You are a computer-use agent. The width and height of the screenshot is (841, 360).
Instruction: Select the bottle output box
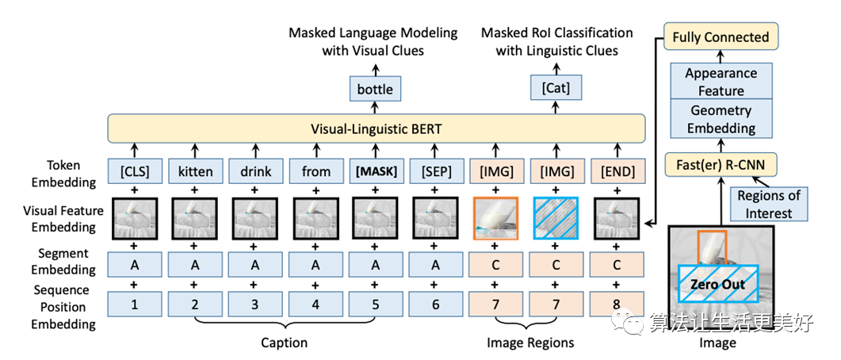tap(375, 89)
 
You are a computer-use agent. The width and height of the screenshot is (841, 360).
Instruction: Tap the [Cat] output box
tap(556, 89)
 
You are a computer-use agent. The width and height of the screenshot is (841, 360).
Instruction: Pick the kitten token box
tap(194, 171)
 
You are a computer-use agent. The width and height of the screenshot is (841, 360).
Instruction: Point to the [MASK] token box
tap(375, 171)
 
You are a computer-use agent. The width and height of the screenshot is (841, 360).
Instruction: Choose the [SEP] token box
tap(435, 171)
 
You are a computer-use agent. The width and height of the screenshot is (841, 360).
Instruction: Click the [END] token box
tap(617, 171)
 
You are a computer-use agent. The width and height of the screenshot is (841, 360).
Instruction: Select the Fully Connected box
tap(721, 37)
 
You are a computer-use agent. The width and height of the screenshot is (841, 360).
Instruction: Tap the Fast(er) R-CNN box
tap(721, 166)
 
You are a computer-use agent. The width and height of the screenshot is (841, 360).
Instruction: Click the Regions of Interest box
tap(769, 204)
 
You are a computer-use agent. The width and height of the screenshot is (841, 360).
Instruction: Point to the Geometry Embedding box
tap(721, 120)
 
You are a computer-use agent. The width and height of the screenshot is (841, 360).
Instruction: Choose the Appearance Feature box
tap(721, 82)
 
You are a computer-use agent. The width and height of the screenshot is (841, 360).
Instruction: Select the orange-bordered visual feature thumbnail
tap(495, 218)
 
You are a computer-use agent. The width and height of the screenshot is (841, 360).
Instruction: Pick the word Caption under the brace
tap(285, 343)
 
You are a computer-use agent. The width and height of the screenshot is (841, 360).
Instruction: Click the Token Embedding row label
tap(63, 174)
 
